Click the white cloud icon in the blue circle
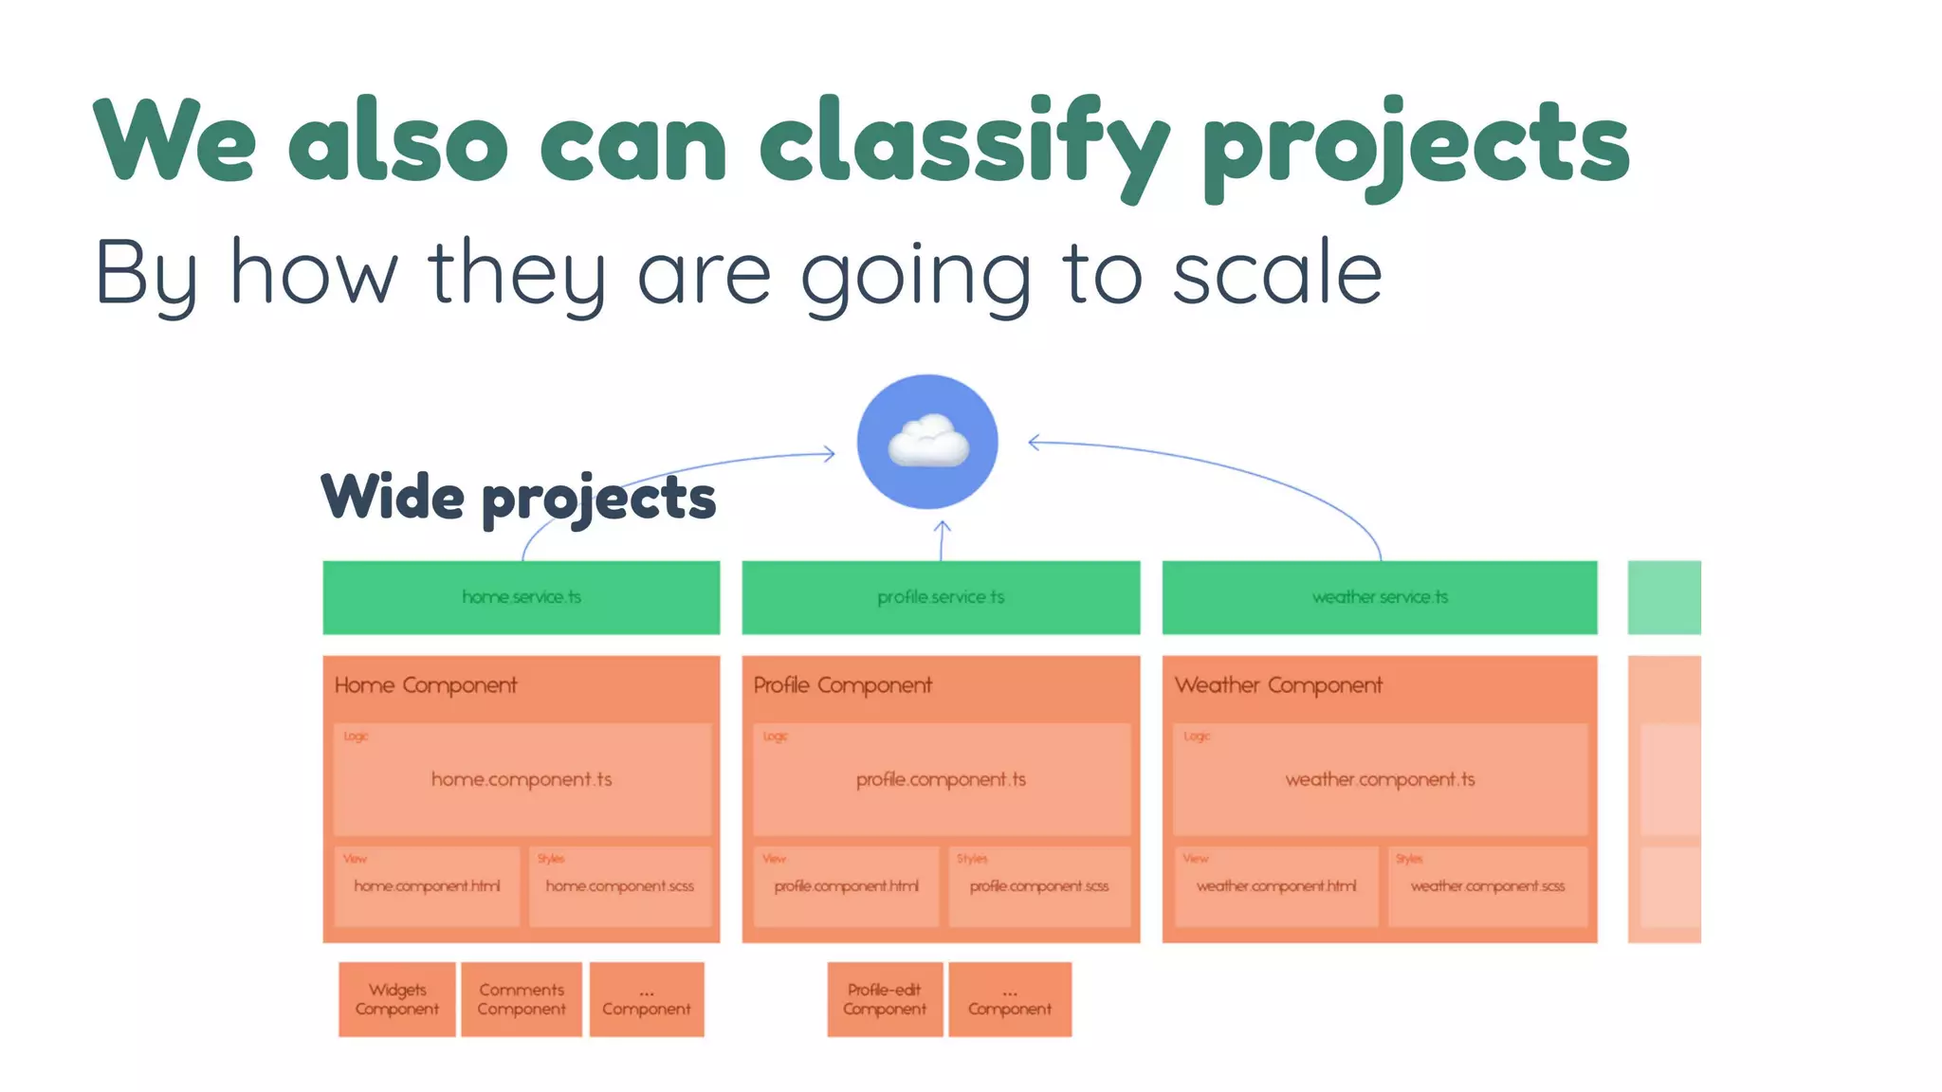click(927, 442)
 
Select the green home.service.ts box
click(521, 597)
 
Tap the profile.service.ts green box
click(940, 597)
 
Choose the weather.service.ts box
click(1379, 597)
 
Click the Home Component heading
click(426, 685)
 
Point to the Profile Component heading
click(842, 685)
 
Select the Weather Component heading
click(1278, 685)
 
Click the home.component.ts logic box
click(522, 779)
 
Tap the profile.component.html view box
click(846, 886)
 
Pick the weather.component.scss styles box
click(1487, 886)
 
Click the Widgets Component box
click(396, 999)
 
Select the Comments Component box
click(522, 999)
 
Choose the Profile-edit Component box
click(884, 999)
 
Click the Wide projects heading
click(518, 497)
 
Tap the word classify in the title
click(962, 142)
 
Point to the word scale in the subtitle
click(1276, 273)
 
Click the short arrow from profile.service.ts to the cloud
click(942, 540)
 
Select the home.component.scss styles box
click(619, 886)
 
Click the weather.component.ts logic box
click(1380, 779)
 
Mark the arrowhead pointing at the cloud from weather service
click(1035, 442)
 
